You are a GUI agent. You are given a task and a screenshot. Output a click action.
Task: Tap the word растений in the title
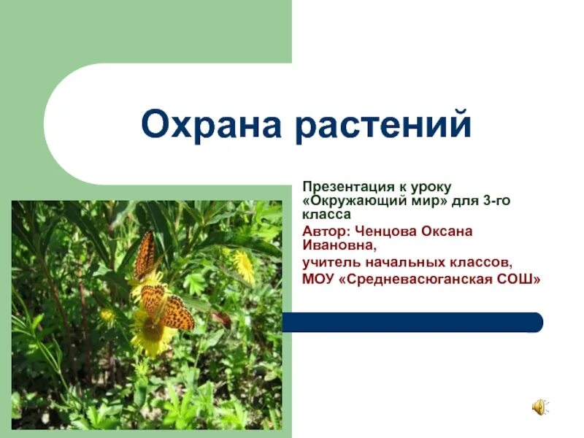(x=383, y=126)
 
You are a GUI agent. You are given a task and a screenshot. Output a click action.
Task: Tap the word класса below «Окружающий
(x=326, y=214)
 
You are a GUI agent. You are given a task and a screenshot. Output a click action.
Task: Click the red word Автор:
(x=326, y=231)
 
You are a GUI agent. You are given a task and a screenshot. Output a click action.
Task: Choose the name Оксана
(x=447, y=231)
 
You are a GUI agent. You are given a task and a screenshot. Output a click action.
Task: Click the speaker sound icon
(x=539, y=408)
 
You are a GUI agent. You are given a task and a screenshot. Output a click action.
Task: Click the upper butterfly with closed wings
(x=145, y=255)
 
